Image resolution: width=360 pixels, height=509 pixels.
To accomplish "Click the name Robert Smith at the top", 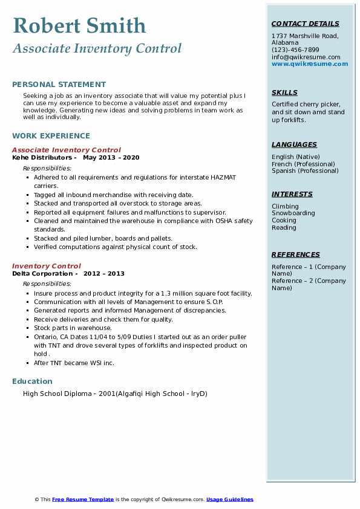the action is tap(79, 25).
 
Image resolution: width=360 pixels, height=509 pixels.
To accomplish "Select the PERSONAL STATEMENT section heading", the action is tap(59, 85).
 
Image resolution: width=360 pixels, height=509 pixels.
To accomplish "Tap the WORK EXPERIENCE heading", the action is tap(51, 136).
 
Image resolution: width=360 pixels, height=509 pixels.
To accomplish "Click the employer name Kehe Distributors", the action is tap(42, 157).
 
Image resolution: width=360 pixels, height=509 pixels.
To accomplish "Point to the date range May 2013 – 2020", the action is tap(111, 157).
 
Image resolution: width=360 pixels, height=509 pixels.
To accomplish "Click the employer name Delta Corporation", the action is tap(42, 273).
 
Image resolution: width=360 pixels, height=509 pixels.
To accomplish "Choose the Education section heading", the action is tap(32, 381).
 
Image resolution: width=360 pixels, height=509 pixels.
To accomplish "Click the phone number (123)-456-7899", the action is tap(295, 50).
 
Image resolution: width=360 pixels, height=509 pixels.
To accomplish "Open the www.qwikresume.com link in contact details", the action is tap(310, 63).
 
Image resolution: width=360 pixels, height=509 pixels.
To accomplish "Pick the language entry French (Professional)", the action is tap(303, 164).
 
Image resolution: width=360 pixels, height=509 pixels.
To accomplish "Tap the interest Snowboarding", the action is tap(293, 213).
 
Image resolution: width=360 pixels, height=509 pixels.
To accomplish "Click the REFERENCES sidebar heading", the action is tap(295, 254).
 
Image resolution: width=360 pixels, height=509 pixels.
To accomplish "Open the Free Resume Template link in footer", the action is tap(83, 499).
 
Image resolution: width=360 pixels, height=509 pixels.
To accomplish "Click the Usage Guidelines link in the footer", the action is tap(229, 499).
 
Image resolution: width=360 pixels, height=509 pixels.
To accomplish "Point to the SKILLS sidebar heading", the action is tap(284, 92).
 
